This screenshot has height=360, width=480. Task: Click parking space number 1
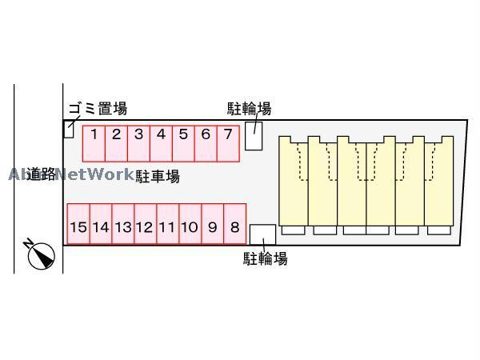(94, 143)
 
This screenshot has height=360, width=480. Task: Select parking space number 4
(161, 143)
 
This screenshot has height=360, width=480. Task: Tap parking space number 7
(228, 143)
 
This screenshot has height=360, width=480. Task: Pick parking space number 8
(234, 227)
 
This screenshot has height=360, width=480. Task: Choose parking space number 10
(190, 227)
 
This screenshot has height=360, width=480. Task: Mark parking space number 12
(145, 227)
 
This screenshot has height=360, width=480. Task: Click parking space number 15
(78, 227)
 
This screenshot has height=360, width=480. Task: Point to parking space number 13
(122, 227)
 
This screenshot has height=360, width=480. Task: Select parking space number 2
(116, 143)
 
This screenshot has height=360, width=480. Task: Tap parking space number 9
(212, 227)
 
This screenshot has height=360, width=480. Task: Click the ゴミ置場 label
(97, 109)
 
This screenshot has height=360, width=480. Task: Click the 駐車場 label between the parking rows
(157, 176)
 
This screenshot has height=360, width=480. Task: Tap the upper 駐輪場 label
(249, 109)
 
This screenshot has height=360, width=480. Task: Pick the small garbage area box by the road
(68, 129)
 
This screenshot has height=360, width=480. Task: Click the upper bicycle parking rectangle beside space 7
(253, 135)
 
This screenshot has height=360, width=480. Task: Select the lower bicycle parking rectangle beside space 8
(262, 234)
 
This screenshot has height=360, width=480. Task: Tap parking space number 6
(206, 143)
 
